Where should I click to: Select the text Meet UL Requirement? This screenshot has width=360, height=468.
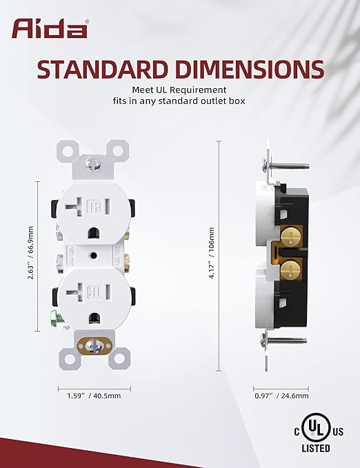pyautogui.click(x=179, y=89)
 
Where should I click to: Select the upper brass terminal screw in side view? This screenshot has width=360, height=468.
pyautogui.click(x=290, y=236)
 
